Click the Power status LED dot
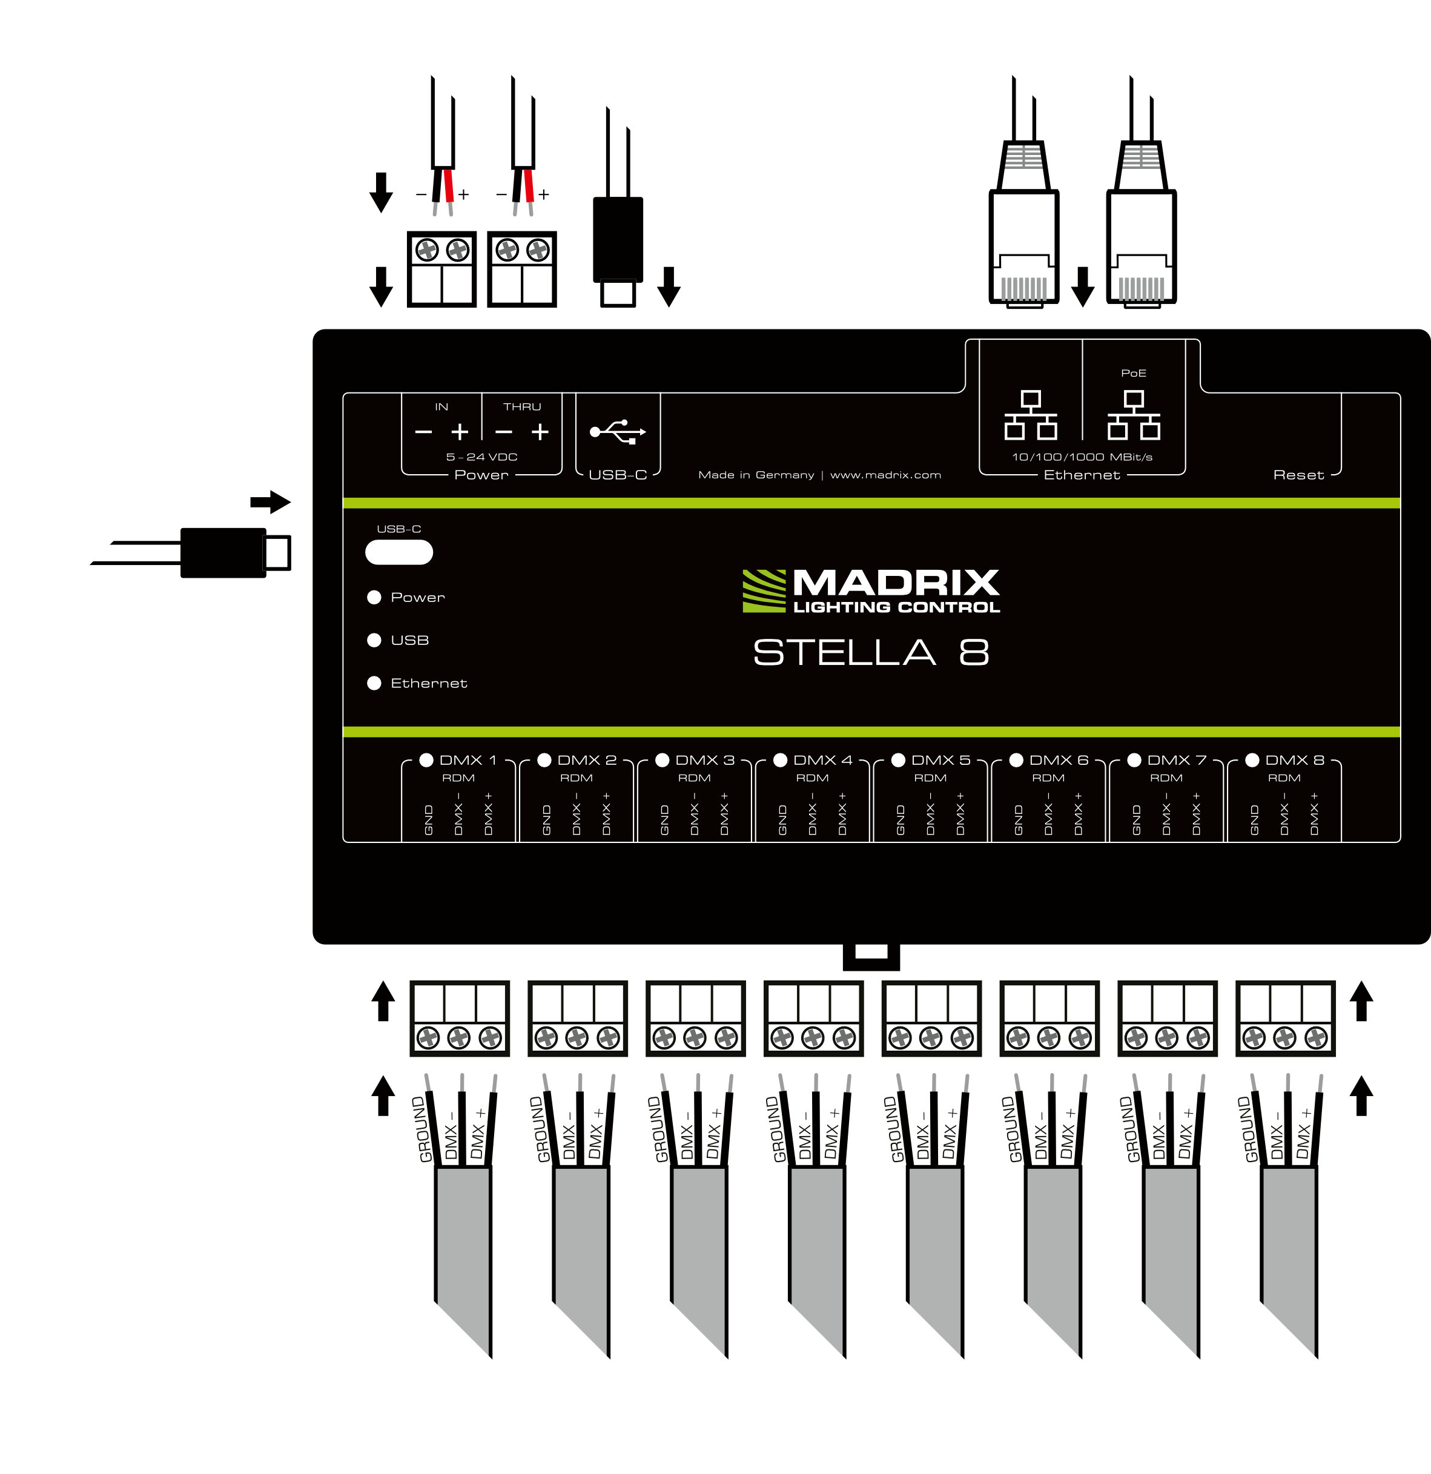click(374, 597)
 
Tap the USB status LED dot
click(374, 640)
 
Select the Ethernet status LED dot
click(374, 683)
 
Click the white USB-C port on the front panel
click(398, 552)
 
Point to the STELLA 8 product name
click(871, 653)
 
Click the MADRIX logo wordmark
click(895, 584)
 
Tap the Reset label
click(1298, 475)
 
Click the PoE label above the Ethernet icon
click(1133, 373)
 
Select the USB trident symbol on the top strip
click(617, 432)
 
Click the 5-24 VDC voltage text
click(481, 457)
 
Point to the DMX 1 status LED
click(426, 759)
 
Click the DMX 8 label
click(1294, 760)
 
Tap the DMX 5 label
click(940, 760)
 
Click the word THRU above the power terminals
click(522, 407)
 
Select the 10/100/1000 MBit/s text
click(1082, 457)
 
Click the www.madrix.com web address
click(885, 475)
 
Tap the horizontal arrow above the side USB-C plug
click(270, 501)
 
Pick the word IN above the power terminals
click(441, 407)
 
